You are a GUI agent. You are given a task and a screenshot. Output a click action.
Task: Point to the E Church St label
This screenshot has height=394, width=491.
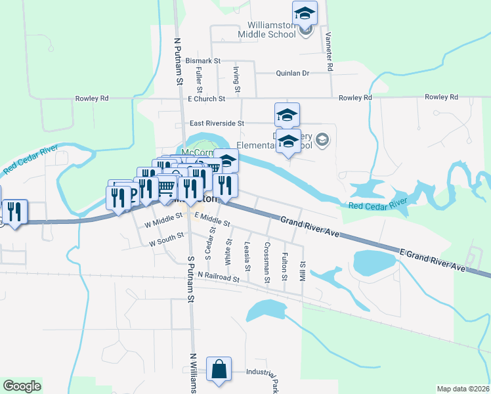coord(206,98)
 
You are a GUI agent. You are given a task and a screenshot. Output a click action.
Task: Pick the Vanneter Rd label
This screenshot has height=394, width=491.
coord(329,51)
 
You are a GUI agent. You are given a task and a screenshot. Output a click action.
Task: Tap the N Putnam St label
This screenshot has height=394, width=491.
coord(177,60)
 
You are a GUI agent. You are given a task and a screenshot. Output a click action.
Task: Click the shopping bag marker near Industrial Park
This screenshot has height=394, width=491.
coord(219,369)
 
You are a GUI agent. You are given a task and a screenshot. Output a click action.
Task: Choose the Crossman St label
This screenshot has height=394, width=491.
coord(267,263)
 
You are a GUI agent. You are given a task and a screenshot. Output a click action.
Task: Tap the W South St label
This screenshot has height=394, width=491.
coord(165,242)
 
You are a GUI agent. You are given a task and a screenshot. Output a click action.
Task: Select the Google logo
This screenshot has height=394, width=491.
coord(22,386)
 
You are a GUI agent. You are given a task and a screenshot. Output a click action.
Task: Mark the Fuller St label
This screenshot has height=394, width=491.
coord(199,81)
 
